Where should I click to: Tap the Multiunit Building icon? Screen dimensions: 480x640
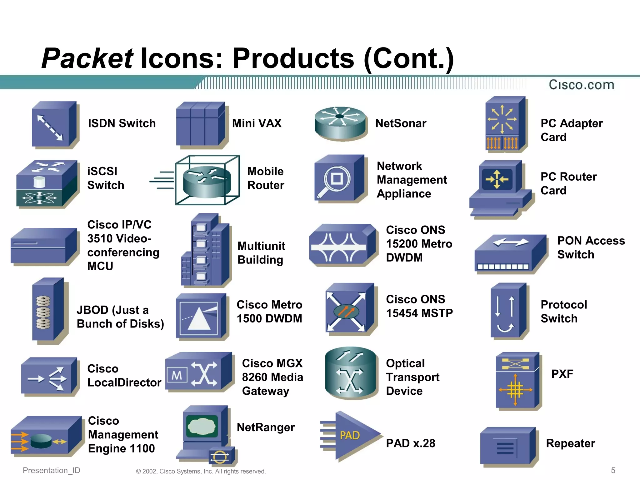tap(206, 250)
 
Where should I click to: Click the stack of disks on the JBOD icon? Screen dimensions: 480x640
tap(43, 312)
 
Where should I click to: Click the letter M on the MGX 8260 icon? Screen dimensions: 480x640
tap(177, 375)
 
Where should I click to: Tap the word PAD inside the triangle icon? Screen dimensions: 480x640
tap(350, 435)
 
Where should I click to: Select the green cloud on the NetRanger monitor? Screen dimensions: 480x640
tap(202, 426)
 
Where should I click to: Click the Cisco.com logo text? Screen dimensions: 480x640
tap(581, 85)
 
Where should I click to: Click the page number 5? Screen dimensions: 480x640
tap(613, 470)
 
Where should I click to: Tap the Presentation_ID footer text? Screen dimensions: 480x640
tap(52, 470)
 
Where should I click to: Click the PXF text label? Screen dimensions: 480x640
tap(562, 374)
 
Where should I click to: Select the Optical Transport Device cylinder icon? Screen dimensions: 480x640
tap(350, 373)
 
